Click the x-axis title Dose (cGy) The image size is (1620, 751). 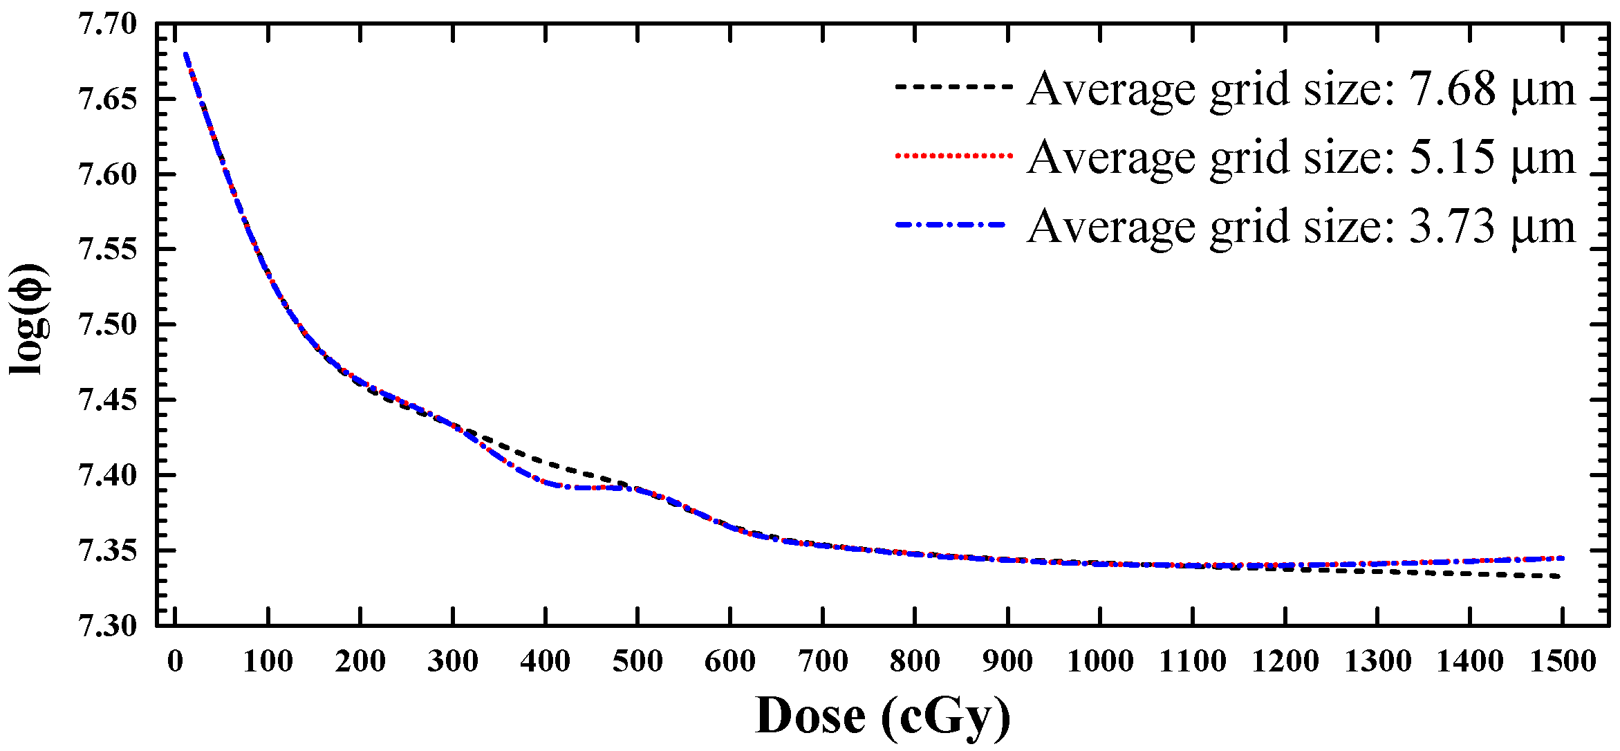[x=882, y=716]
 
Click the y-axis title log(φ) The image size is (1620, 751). [x=29, y=319]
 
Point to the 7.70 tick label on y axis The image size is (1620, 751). [x=108, y=25]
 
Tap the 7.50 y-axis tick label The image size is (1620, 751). [x=108, y=324]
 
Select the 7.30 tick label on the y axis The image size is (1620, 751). [x=108, y=626]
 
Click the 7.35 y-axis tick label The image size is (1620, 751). [x=108, y=551]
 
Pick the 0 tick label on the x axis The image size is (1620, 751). [x=176, y=662]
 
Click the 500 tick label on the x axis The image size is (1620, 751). [x=637, y=662]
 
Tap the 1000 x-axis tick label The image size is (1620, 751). [x=1100, y=662]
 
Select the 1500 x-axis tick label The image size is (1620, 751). [x=1563, y=662]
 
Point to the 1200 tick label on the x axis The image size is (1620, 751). [x=1285, y=662]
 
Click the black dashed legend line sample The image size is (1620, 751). [x=953, y=87]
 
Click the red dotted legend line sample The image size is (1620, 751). [x=953, y=156]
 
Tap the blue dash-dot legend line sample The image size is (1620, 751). [x=951, y=225]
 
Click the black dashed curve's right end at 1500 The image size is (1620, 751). [x=1560, y=576]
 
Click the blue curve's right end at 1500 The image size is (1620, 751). [x=1561, y=558]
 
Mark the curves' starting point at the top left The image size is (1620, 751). [x=185, y=54]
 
